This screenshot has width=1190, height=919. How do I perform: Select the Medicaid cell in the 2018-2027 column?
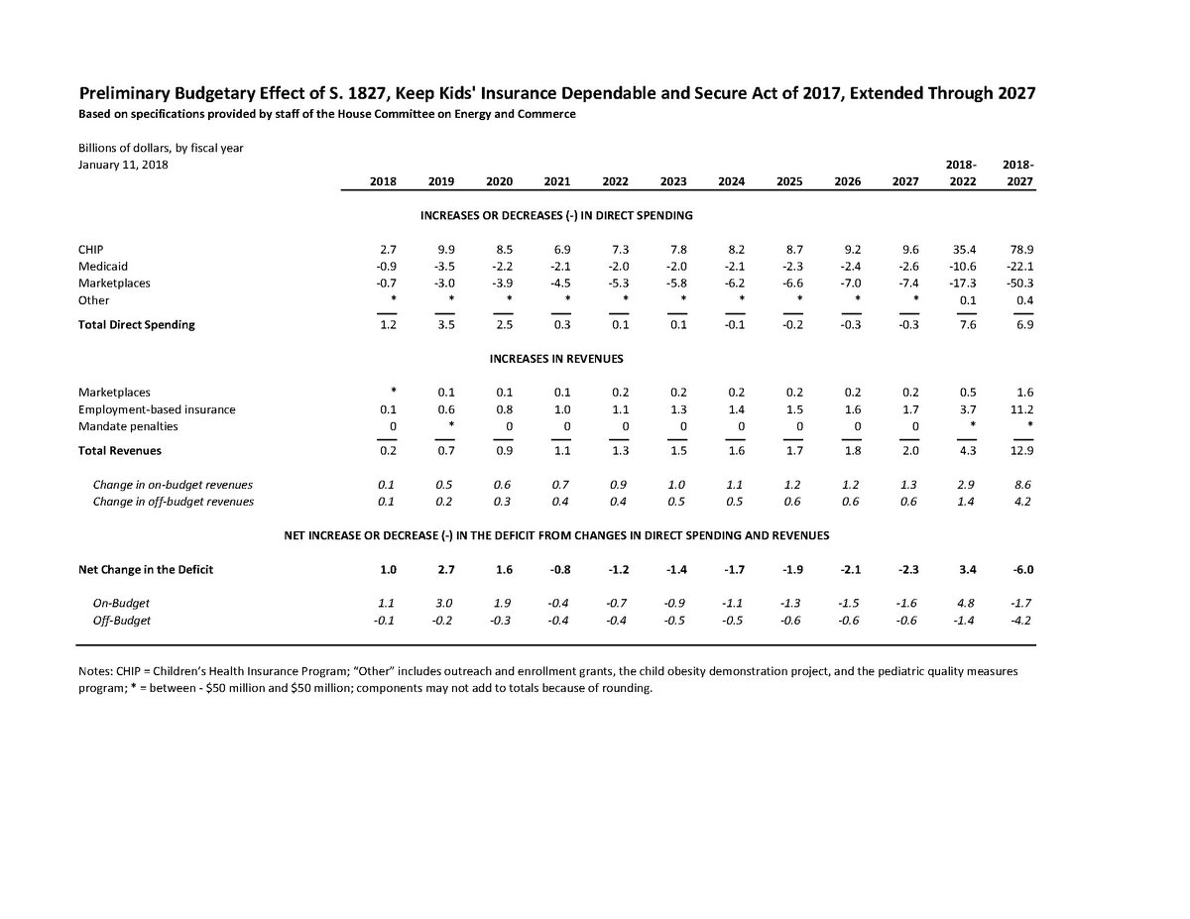pyautogui.click(x=1019, y=266)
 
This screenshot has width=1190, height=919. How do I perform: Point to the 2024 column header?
pyautogui.click(x=732, y=181)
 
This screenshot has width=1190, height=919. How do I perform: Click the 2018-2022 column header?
pyautogui.click(x=960, y=172)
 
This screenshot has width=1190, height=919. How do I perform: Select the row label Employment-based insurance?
pyautogui.click(x=157, y=408)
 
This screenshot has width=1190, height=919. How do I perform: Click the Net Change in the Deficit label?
pyautogui.click(x=146, y=569)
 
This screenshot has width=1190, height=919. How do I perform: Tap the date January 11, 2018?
pyautogui.click(x=124, y=165)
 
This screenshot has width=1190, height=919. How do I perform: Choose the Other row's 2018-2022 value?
pyautogui.click(x=962, y=300)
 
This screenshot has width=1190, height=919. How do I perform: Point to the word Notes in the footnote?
pyautogui.click(x=96, y=671)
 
